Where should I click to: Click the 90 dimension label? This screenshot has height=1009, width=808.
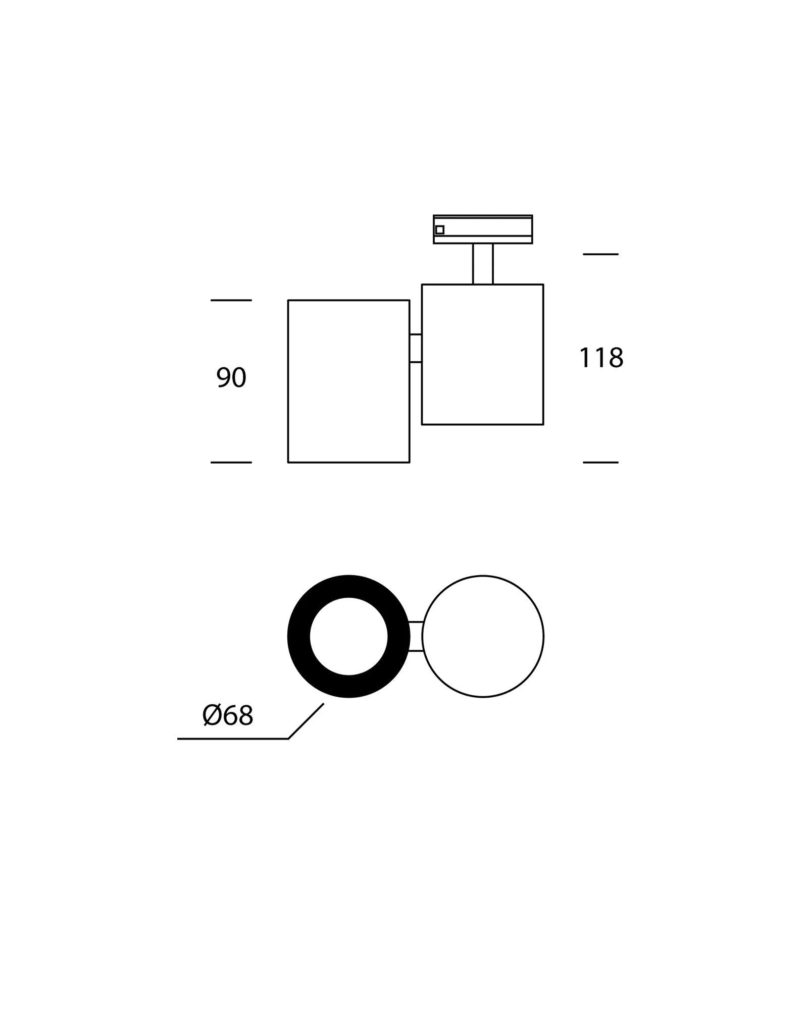[x=231, y=377]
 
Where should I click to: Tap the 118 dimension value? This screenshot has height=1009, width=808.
[x=601, y=358]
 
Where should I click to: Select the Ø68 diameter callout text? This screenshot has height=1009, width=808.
[x=228, y=715]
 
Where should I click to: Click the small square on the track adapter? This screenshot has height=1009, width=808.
[x=440, y=230]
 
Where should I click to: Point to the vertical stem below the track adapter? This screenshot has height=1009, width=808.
[x=483, y=264]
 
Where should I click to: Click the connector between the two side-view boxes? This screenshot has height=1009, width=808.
[x=416, y=348]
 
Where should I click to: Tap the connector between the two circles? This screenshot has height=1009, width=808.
[x=416, y=636]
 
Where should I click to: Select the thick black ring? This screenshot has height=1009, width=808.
[x=298, y=636]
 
